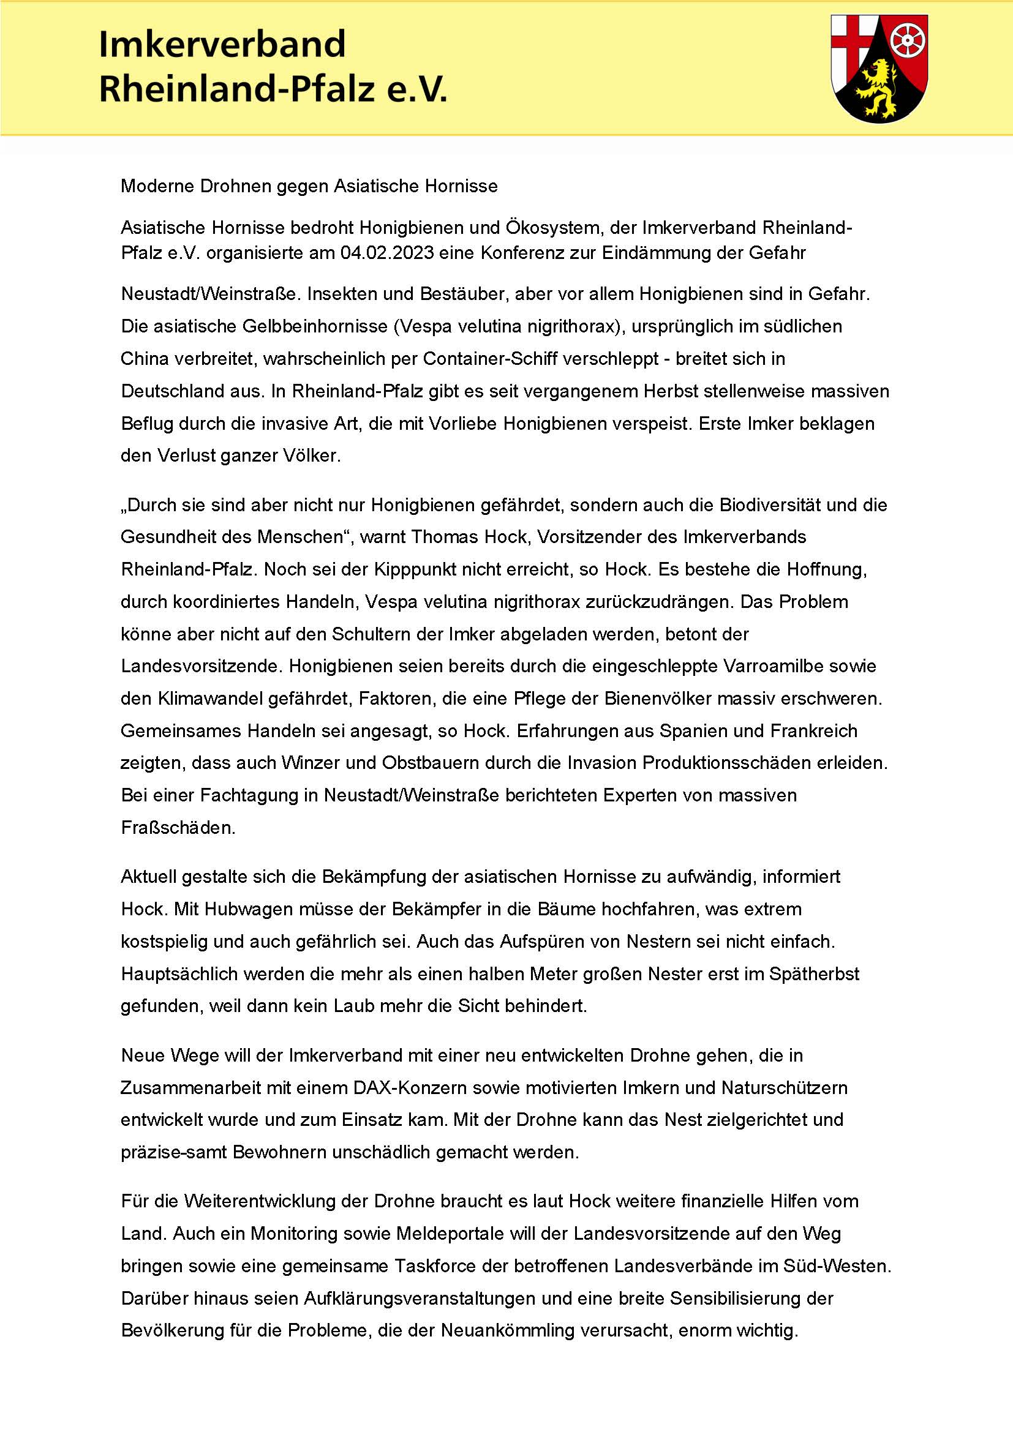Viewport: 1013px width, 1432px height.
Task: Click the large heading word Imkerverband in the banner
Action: [222, 45]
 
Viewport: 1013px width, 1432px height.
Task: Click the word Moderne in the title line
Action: [158, 186]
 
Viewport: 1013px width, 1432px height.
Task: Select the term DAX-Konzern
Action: [410, 1088]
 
